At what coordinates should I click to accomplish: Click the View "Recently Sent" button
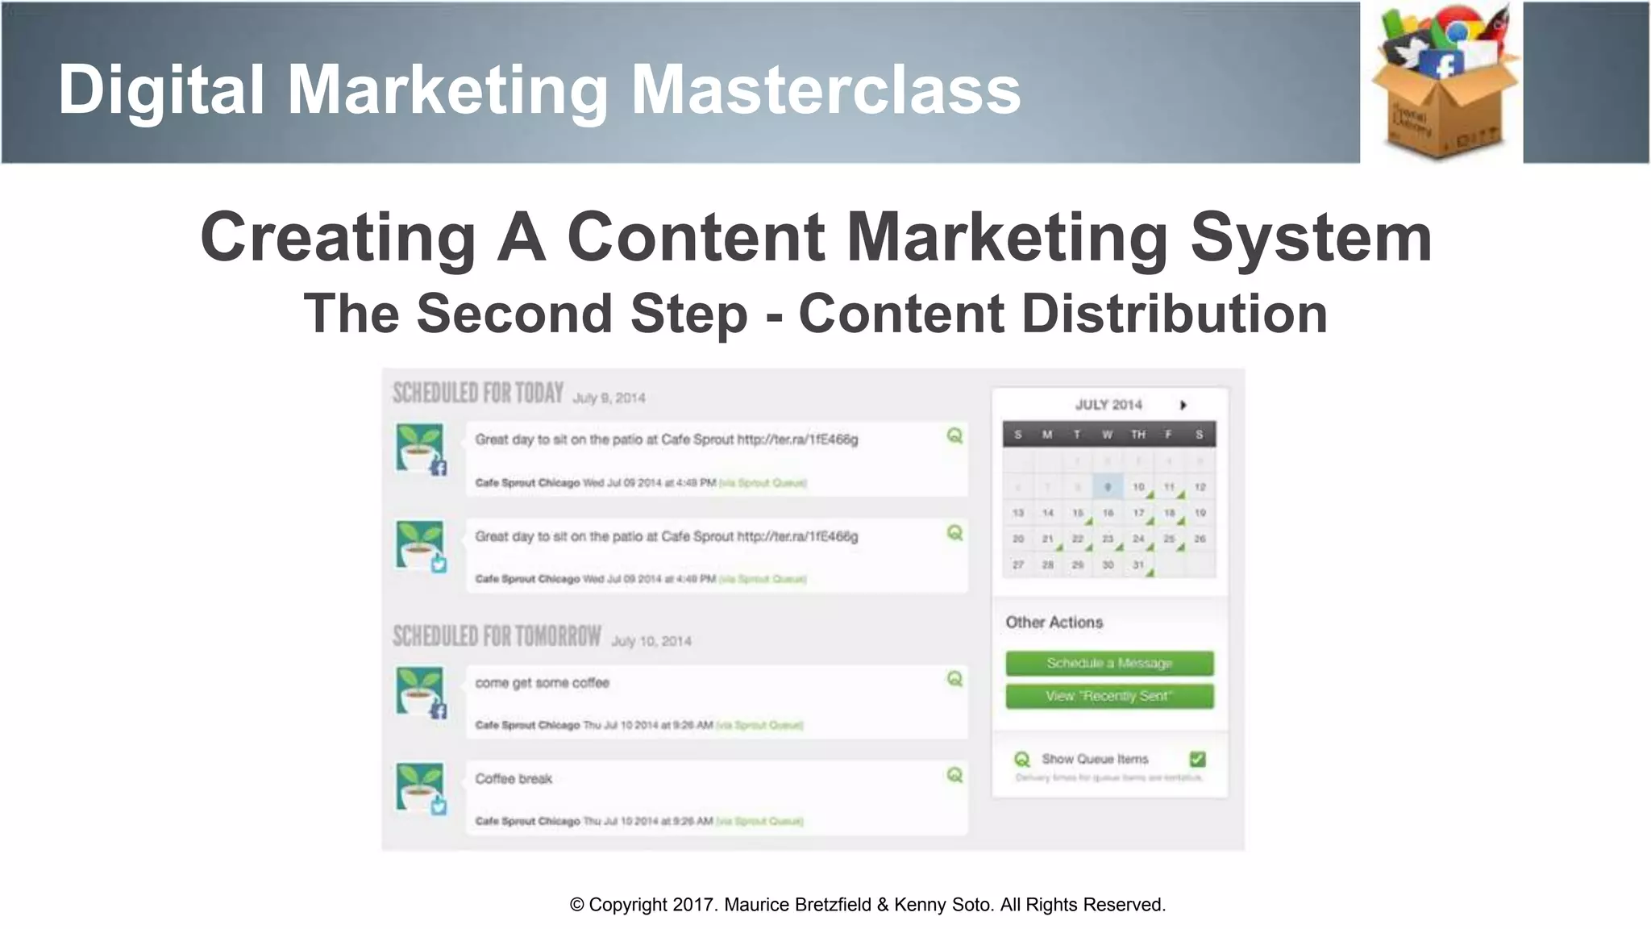pos(1109,696)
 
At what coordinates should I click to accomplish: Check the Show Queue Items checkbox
pos(1197,759)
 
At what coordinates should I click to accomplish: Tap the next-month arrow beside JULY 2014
pos(1183,405)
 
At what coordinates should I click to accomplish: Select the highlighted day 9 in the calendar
pos(1108,487)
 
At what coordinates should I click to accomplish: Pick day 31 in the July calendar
pos(1138,564)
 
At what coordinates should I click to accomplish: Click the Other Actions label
pos(1054,623)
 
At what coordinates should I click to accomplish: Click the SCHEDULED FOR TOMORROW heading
pos(497,636)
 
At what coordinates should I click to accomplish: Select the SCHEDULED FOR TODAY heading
pos(478,393)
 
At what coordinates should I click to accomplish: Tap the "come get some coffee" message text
pos(542,683)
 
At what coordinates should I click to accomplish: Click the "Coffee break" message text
pos(514,779)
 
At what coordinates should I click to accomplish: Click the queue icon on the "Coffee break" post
pos(954,775)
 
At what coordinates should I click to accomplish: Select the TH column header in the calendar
pos(1137,435)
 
